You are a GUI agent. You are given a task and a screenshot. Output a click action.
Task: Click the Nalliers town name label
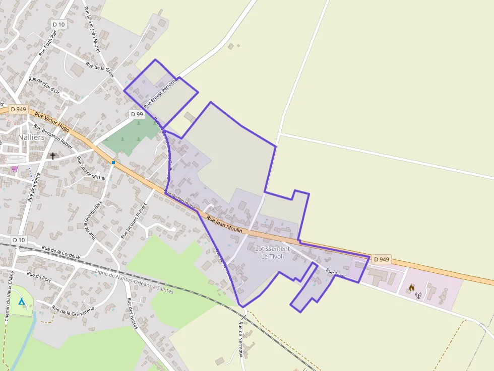click(x=31, y=137)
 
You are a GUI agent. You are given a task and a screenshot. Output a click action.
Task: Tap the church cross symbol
click(x=52, y=156)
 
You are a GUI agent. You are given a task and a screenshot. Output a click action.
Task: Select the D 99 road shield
click(x=137, y=114)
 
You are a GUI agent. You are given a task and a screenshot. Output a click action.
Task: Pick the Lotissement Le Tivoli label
click(x=272, y=252)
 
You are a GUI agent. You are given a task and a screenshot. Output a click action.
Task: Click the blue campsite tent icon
click(x=21, y=302)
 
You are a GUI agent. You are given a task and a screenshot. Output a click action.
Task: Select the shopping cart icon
click(x=15, y=169)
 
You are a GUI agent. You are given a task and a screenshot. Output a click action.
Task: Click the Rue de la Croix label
click(x=100, y=69)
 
